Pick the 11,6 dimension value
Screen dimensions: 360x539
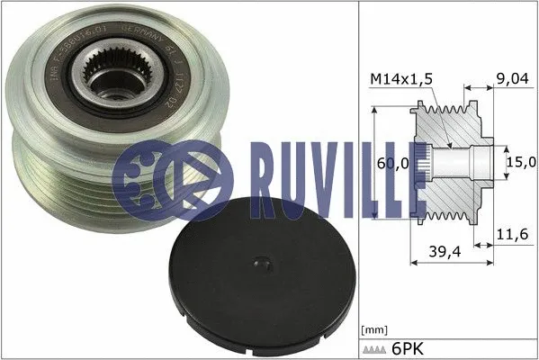tap(509, 234)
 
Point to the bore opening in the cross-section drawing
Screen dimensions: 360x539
tap(459, 162)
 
